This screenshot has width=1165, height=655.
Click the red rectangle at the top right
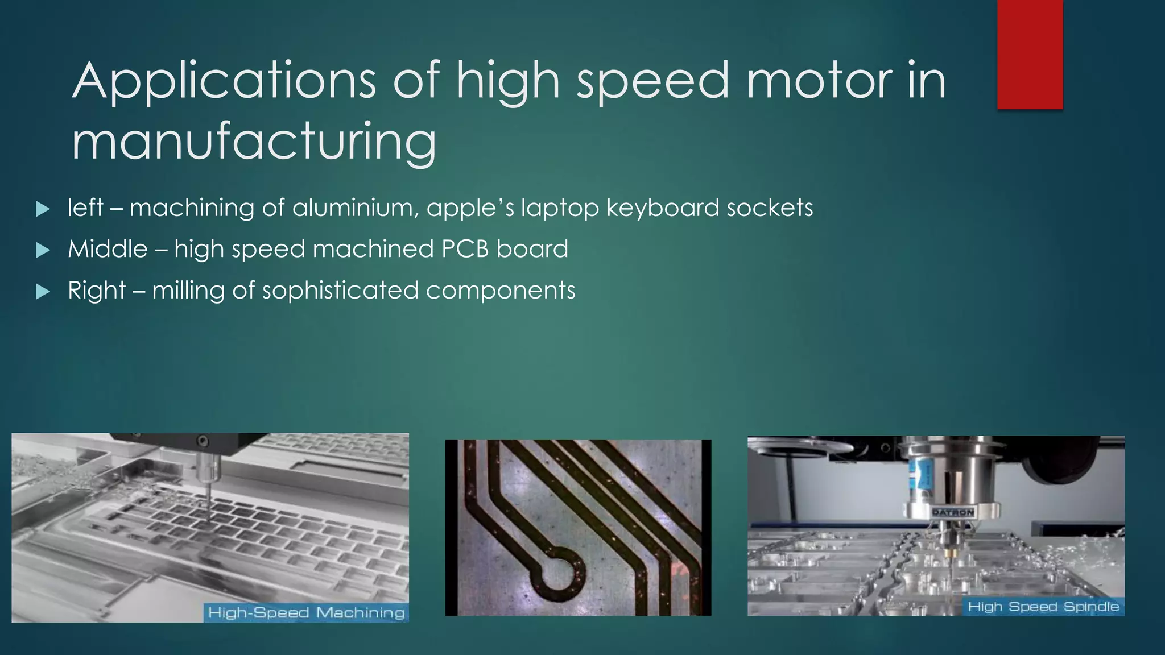coord(1030,54)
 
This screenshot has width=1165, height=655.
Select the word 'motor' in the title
coord(820,81)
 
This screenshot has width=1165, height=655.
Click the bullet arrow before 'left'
coord(43,209)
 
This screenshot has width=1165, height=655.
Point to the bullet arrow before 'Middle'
coord(43,250)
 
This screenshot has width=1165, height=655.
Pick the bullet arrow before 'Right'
coord(43,292)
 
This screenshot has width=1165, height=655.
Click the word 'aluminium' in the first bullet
coord(356,208)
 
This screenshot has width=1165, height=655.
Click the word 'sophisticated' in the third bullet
coord(340,291)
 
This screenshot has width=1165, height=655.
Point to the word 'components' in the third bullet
coord(501,291)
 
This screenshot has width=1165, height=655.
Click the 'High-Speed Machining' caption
coord(306,612)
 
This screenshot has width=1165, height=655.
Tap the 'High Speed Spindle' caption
coord(1043,607)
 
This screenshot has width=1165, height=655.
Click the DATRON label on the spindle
coord(953,512)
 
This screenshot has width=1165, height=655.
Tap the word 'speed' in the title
coord(652,81)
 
